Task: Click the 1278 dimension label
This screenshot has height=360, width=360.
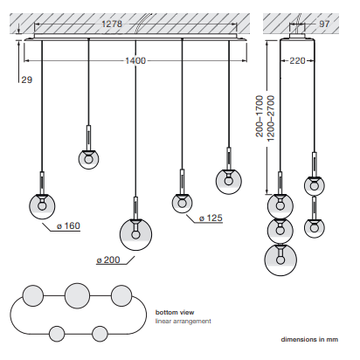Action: (x=112, y=24)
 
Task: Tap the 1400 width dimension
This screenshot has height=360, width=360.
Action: (x=135, y=60)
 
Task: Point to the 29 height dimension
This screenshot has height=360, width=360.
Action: (x=27, y=80)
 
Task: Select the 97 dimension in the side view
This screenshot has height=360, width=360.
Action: (x=324, y=24)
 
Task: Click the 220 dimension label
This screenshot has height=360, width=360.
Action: (x=297, y=60)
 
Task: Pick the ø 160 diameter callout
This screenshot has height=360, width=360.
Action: (x=68, y=226)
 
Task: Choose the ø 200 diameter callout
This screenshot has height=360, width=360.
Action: (x=108, y=260)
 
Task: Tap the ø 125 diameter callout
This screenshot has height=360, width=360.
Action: (x=211, y=218)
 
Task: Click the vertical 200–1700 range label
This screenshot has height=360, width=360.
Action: (x=260, y=116)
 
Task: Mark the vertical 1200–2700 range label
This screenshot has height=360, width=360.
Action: (x=271, y=118)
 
